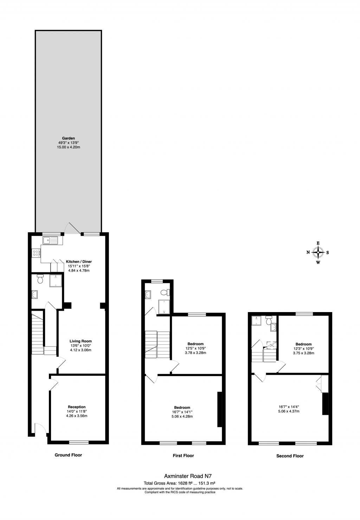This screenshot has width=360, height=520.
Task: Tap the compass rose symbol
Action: [x=318, y=252]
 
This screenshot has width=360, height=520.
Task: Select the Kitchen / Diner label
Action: [x=79, y=262]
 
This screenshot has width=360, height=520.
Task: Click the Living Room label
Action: [x=81, y=341]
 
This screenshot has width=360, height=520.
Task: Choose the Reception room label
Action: [x=77, y=407]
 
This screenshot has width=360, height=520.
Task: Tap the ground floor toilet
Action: [x=40, y=279]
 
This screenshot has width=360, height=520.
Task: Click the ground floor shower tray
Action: [x=56, y=280]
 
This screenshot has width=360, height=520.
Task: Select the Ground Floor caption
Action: [x=68, y=455]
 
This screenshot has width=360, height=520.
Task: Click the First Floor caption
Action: [x=183, y=456]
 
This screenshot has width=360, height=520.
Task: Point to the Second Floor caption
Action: [x=290, y=456]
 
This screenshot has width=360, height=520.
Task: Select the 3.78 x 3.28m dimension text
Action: [x=195, y=353]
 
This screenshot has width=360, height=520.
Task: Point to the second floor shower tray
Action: [x=257, y=320]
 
